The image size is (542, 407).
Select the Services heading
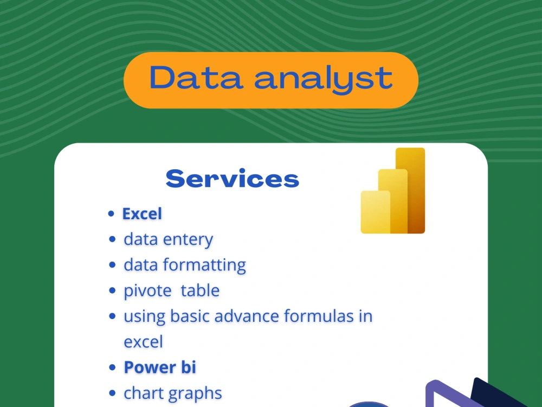[232, 179]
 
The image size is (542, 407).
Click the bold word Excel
[142, 214]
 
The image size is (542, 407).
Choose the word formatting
[204, 265]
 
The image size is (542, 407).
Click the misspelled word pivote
[148, 291]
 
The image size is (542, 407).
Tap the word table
[200, 290]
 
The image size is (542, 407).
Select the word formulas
[314, 316]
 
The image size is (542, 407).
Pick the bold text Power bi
[160, 367]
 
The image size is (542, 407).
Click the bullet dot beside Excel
[111, 214]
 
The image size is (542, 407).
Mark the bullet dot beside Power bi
[112, 368]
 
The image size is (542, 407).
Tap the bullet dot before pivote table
[112, 291]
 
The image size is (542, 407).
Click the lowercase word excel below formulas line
[143, 342]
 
